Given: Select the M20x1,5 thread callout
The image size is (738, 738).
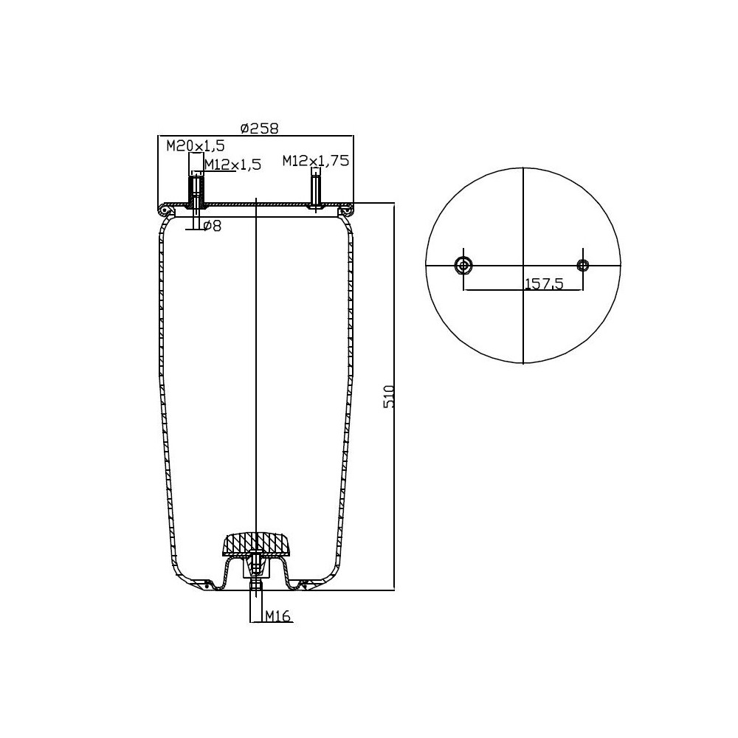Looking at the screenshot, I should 184,145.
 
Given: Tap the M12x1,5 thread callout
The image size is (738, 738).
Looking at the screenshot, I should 232,165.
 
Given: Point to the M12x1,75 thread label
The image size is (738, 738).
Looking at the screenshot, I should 315,160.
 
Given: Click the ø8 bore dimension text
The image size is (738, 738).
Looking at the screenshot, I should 212,226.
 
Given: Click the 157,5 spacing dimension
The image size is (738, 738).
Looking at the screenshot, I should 543,283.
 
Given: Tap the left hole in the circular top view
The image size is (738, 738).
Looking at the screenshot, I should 464,266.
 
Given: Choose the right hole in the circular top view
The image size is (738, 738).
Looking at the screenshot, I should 583,266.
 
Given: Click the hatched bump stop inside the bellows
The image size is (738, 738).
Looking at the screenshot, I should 257,545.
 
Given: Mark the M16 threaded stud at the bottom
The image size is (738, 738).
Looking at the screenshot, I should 255,587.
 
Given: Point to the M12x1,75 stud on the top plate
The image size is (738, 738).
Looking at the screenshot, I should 316,189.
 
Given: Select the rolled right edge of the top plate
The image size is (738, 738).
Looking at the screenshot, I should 345,212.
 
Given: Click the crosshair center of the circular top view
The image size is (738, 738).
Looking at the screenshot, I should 523,266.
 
